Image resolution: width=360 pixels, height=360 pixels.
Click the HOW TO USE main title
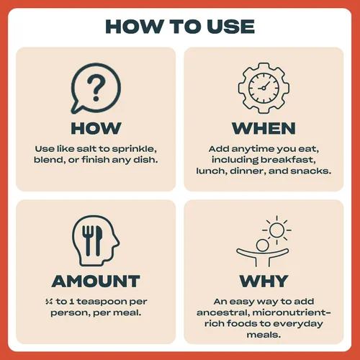coord(180,27)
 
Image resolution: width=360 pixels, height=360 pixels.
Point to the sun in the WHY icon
coord(276,230)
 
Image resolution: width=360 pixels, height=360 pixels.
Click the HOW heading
coord(96,128)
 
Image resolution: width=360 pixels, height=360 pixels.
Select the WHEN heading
coord(264,128)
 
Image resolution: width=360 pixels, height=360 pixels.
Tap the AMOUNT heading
coord(96,281)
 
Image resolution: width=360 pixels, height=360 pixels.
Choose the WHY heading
coord(264,281)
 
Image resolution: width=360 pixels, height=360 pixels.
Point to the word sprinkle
coord(135,150)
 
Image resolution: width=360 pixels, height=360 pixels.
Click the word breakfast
coord(288,160)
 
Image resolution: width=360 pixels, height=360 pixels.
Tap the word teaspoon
coord(102,302)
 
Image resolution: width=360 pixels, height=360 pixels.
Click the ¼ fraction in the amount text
coord(49,302)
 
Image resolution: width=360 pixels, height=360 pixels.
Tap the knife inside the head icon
coord(99,240)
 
